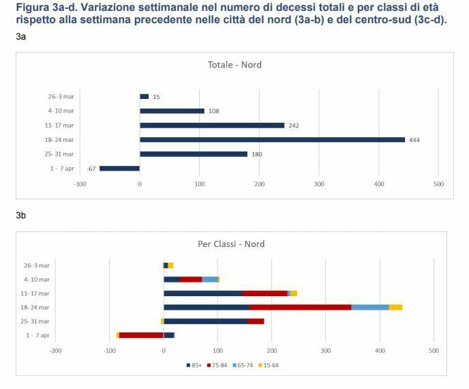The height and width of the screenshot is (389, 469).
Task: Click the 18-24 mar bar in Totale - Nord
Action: (272, 140)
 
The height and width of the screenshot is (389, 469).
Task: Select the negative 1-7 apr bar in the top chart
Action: (119, 169)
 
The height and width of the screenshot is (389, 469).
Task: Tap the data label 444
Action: (414, 140)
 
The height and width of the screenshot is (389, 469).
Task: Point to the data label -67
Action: (91, 169)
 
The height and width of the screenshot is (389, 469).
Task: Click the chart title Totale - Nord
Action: (234, 65)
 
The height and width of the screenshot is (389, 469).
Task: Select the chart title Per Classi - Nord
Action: (231, 244)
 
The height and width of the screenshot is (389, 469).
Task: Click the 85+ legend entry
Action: (193, 365)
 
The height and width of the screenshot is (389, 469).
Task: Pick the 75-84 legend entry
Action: (218, 365)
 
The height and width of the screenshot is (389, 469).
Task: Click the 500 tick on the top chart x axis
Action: (438, 184)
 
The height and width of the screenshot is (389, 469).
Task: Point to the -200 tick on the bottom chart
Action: (56, 351)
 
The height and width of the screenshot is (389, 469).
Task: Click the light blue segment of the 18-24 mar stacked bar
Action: (369, 307)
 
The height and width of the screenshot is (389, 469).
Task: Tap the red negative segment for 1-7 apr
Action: (141, 335)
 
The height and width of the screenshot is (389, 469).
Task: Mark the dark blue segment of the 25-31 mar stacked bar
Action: (205, 321)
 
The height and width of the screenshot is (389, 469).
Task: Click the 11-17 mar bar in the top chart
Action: (212, 126)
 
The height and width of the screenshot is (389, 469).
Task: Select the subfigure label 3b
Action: (21, 216)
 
